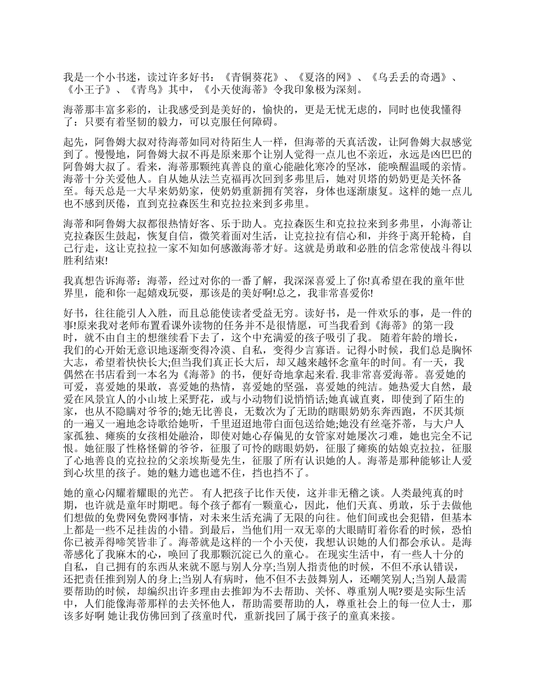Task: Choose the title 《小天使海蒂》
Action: [x=234, y=89]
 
